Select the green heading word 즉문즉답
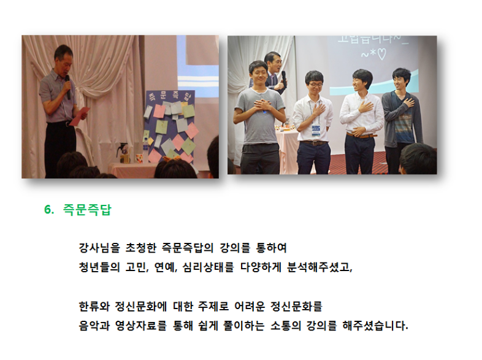coord(87,210)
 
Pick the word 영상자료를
coord(141,326)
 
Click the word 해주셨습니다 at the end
coord(375,326)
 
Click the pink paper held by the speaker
coord(79,116)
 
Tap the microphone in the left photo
coord(67,87)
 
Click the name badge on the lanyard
coord(315,131)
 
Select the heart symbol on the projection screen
coord(381,55)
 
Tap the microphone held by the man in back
coord(284,79)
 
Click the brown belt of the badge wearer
coord(313,143)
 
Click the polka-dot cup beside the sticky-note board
coord(139,158)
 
